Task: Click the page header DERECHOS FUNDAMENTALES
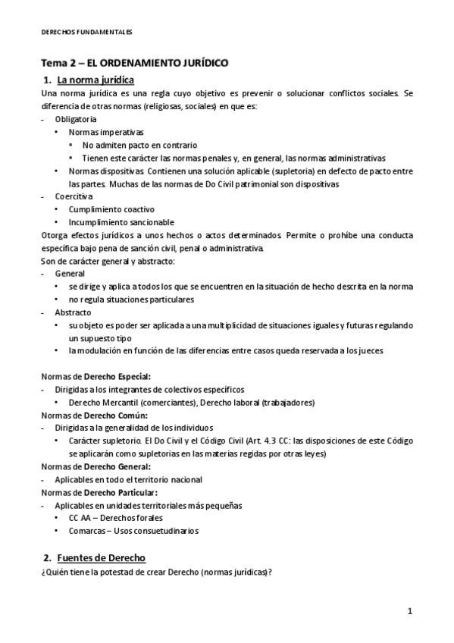tap(86, 33)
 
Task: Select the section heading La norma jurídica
tap(95, 80)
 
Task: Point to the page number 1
tap(409, 611)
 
